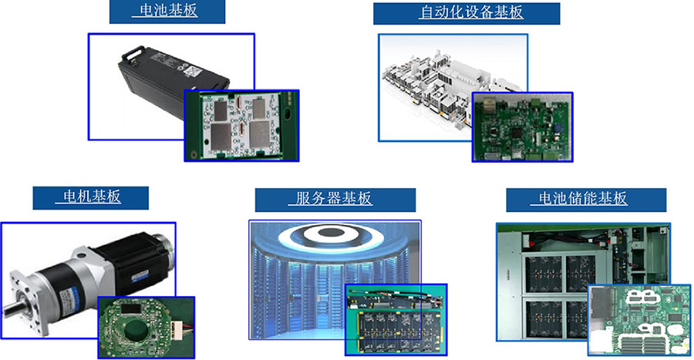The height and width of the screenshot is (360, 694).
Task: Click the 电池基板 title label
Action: (x=167, y=12)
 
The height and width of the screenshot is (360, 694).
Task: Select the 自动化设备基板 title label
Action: (x=467, y=13)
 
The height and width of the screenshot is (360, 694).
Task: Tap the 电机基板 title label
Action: (x=91, y=197)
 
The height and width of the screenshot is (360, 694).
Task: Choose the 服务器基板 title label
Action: (x=335, y=200)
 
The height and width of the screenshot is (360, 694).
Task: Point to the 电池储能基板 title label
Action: (x=586, y=200)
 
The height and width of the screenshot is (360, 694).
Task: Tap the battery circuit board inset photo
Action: (x=241, y=126)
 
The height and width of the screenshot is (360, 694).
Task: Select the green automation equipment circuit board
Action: (x=522, y=127)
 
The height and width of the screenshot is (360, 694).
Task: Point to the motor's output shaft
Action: (x=10, y=307)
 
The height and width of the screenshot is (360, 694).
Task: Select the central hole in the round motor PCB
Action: (x=136, y=330)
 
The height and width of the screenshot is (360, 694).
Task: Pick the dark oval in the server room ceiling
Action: (x=328, y=232)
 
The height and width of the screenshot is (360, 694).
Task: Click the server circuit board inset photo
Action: (x=396, y=319)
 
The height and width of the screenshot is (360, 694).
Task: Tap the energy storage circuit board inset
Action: (x=639, y=320)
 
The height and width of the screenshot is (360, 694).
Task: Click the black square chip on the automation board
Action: (x=517, y=133)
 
